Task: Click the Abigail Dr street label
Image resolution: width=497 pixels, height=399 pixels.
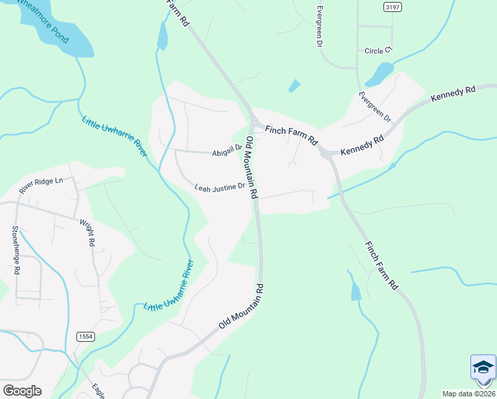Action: (227, 152)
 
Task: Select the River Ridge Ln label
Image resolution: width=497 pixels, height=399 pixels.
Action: (41, 185)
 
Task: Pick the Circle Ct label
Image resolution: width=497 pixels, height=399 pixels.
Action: (379, 51)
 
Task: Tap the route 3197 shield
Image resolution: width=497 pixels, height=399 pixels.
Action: (393, 7)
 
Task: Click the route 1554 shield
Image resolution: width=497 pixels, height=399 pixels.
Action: (84, 336)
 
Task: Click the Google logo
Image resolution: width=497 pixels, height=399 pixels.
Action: (22, 391)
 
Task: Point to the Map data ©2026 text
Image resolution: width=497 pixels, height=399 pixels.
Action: (468, 394)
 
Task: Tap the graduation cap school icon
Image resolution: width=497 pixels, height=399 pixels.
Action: (483, 368)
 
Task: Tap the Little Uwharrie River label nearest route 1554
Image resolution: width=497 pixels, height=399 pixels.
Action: (169, 287)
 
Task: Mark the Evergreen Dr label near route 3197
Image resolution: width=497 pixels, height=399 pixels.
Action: (320, 26)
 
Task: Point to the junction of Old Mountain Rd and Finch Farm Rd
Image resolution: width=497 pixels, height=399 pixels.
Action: (254, 123)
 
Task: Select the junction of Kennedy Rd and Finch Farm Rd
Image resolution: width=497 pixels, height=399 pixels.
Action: (328, 153)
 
